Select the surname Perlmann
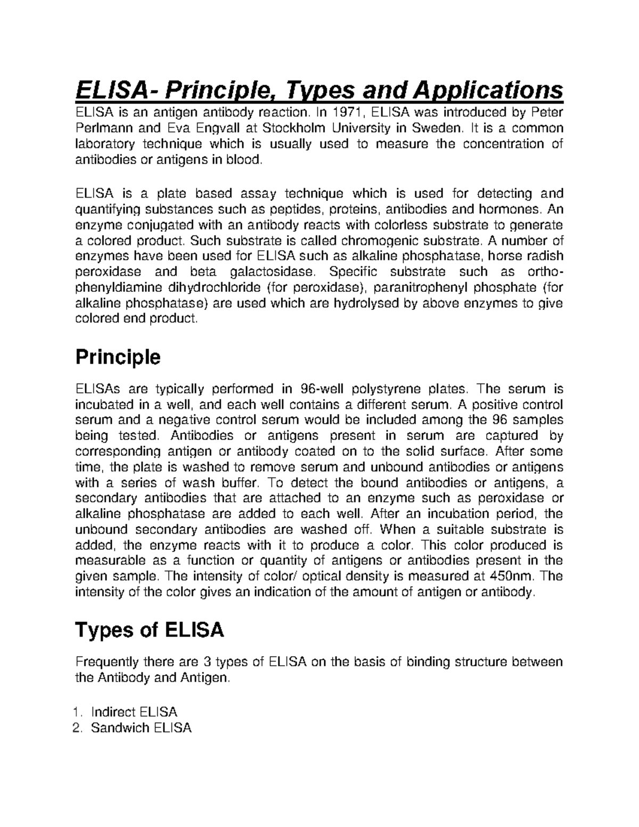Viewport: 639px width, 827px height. click(103, 128)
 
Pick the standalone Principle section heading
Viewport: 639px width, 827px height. click(118, 357)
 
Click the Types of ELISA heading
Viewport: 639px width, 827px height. click(150, 631)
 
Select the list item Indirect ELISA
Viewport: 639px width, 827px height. click(134, 712)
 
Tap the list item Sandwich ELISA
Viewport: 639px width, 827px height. click(141, 728)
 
